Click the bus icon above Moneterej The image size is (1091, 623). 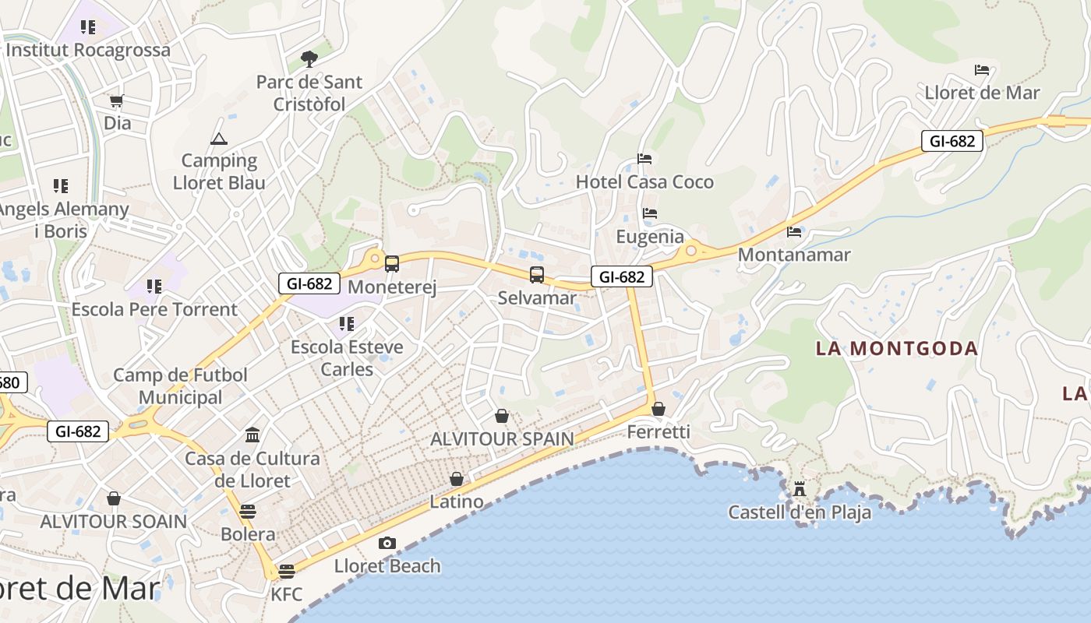[392, 264]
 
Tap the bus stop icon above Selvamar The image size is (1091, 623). [537, 274]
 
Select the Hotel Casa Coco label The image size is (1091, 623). [644, 182]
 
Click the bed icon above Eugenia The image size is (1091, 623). [650, 213]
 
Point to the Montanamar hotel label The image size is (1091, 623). [794, 255]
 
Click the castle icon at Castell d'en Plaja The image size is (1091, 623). [800, 489]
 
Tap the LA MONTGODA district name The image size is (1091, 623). [897, 348]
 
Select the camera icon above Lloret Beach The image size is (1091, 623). [387, 543]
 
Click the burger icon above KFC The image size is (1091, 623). [287, 572]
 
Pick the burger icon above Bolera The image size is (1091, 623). [248, 512]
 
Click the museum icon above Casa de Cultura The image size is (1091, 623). [252, 435]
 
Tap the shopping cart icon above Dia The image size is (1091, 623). [117, 100]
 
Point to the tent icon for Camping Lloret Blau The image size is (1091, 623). [218, 139]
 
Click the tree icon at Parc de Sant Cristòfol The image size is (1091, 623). [309, 58]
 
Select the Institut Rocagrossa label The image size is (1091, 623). [88, 51]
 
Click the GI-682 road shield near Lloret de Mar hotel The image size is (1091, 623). [952, 141]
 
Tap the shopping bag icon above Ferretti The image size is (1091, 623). [658, 409]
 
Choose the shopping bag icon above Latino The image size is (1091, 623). [457, 479]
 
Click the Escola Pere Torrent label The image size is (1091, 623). [154, 309]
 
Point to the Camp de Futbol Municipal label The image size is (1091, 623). [181, 386]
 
